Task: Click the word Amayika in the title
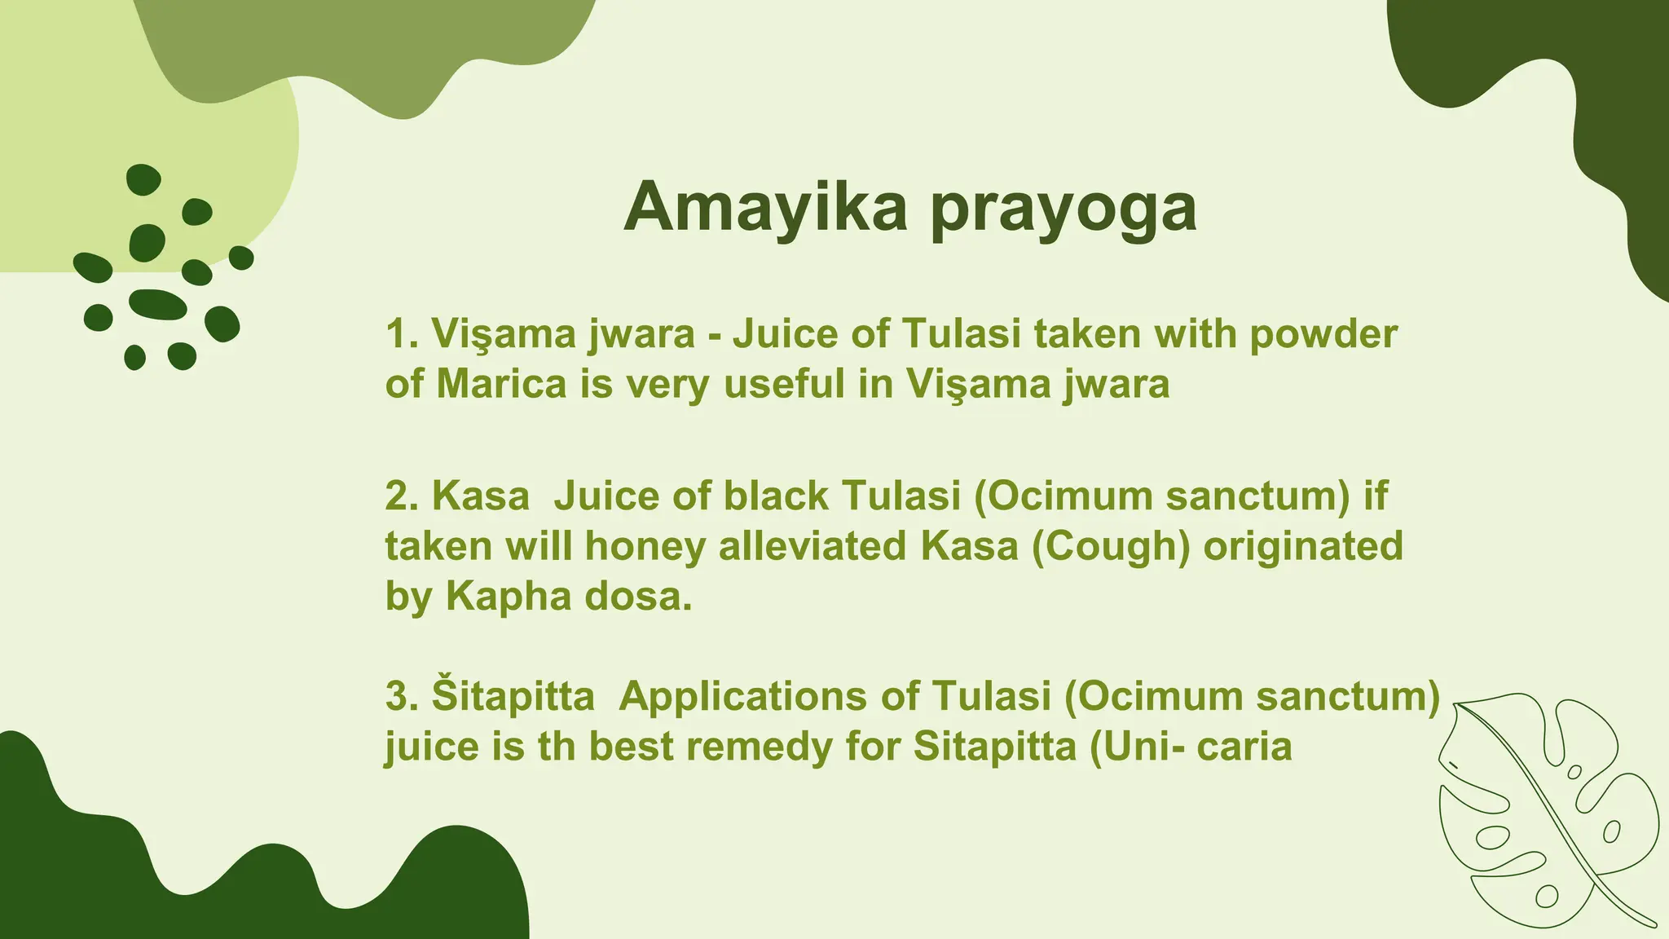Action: tap(764, 207)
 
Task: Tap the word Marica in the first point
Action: tap(501, 384)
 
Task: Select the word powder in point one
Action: tap(1323, 334)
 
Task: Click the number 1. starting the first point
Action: tap(402, 333)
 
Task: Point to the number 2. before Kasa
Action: tap(402, 496)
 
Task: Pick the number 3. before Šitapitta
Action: tap(402, 696)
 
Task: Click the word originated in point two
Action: tap(1303, 546)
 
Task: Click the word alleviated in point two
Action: tap(812, 546)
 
